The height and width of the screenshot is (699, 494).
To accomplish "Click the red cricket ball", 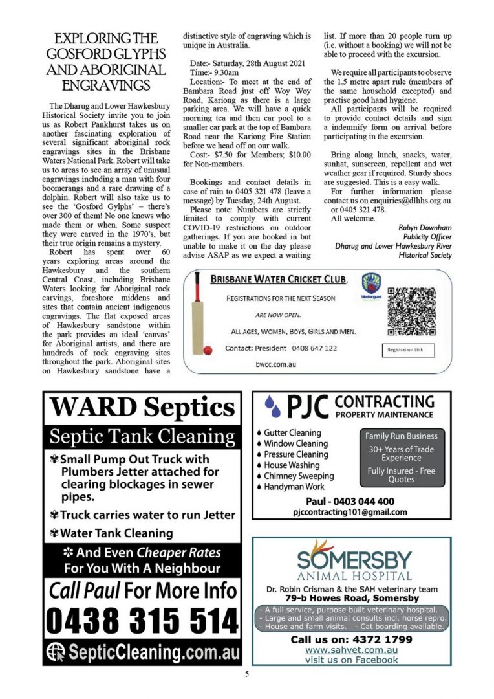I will coord(208,350).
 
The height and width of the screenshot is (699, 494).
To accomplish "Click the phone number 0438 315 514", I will coord(142,622).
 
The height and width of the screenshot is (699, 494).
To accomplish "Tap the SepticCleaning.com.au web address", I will coord(153,652).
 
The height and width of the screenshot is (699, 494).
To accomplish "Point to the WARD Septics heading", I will coord(142,408).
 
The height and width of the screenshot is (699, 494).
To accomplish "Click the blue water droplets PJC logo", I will coord(274,407).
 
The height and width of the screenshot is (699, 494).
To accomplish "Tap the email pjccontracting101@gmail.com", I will coord(350,512).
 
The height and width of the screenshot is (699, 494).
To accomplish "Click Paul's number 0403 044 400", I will coord(350,502).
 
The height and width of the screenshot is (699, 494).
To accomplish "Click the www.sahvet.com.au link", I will coord(351,649).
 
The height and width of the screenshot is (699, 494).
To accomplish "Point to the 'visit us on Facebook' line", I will coord(351,660).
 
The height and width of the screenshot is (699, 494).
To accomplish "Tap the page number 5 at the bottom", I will coord(246,674).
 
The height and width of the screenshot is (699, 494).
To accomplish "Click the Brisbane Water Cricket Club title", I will coord(279,280).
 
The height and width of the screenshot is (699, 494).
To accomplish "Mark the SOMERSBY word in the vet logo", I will coord(354,559).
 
